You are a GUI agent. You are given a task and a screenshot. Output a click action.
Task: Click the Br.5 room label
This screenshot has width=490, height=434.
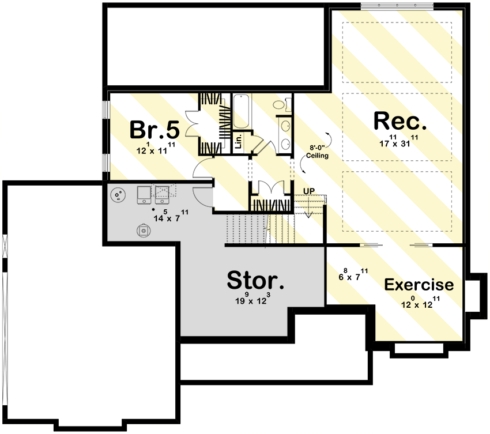point(154,130)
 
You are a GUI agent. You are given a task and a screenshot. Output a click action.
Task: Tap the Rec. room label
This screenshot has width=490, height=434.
point(400,122)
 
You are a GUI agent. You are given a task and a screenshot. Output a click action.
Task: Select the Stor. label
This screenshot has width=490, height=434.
point(255,280)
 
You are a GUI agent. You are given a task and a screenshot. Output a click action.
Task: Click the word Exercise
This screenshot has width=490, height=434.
point(419,285)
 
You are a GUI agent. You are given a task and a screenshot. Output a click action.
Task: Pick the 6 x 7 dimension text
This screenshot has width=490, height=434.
point(350,276)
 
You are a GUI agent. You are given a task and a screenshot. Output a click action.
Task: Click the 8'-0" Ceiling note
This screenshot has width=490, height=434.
point(317,152)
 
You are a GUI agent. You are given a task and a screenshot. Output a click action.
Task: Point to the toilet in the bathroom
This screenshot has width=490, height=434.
point(280,105)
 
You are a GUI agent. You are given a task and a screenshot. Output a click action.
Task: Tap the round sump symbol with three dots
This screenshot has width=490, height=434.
point(119,196)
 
